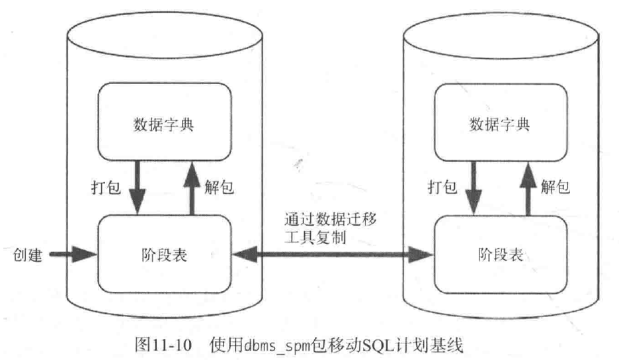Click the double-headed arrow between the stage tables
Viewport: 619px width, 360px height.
pos(331,252)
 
